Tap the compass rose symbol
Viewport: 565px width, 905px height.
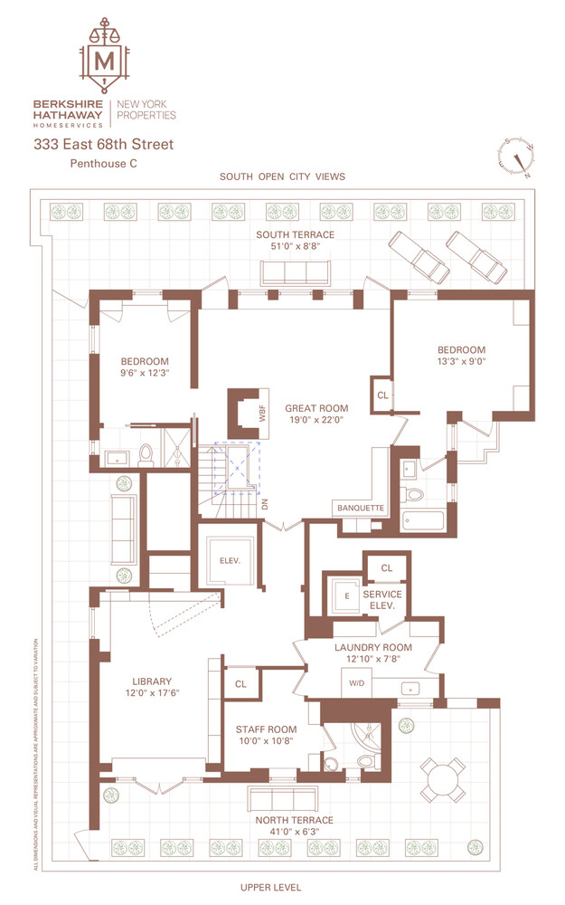[x=516, y=158]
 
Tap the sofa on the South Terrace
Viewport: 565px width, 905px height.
[x=296, y=272]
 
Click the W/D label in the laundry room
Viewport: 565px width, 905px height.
[x=356, y=684]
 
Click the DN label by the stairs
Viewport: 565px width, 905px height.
[x=265, y=505]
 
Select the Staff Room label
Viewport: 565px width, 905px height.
[x=266, y=729]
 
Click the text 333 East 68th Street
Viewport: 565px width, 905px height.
[x=116, y=145]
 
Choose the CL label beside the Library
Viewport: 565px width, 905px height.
[x=240, y=684]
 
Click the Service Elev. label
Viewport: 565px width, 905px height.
[x=381, y=599]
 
